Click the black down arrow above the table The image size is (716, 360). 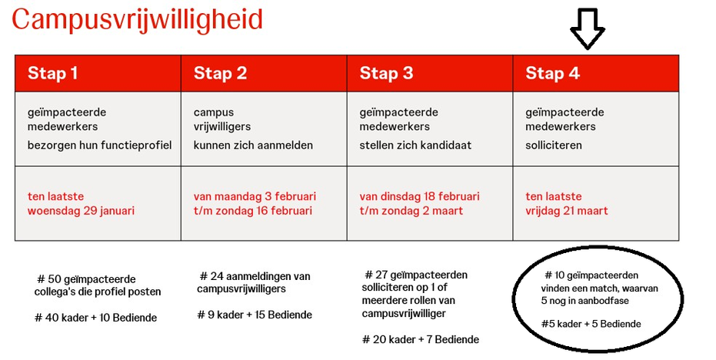coord(588,28)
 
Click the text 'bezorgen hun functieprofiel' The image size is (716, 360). coord(99,145)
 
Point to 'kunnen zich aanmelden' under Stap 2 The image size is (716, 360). coord(253,145)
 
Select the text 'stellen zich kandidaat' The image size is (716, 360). coord(415,145)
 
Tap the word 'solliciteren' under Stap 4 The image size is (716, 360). coord(554,145)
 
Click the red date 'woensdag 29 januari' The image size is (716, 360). coord(81,211)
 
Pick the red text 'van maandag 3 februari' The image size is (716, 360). coord(255,196)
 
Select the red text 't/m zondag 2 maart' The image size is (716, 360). coord(411,211)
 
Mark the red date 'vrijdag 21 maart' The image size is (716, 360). coord(567,211)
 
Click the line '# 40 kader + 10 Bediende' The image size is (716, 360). coord(95,318)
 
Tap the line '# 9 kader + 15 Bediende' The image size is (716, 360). coord(255,315)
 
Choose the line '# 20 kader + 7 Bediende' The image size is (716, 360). coord(421,339)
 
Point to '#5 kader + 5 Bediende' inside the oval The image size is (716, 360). coord(591,324)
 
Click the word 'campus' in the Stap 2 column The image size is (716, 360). coord(213,113)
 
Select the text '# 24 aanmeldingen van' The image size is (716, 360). coord(255,276)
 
